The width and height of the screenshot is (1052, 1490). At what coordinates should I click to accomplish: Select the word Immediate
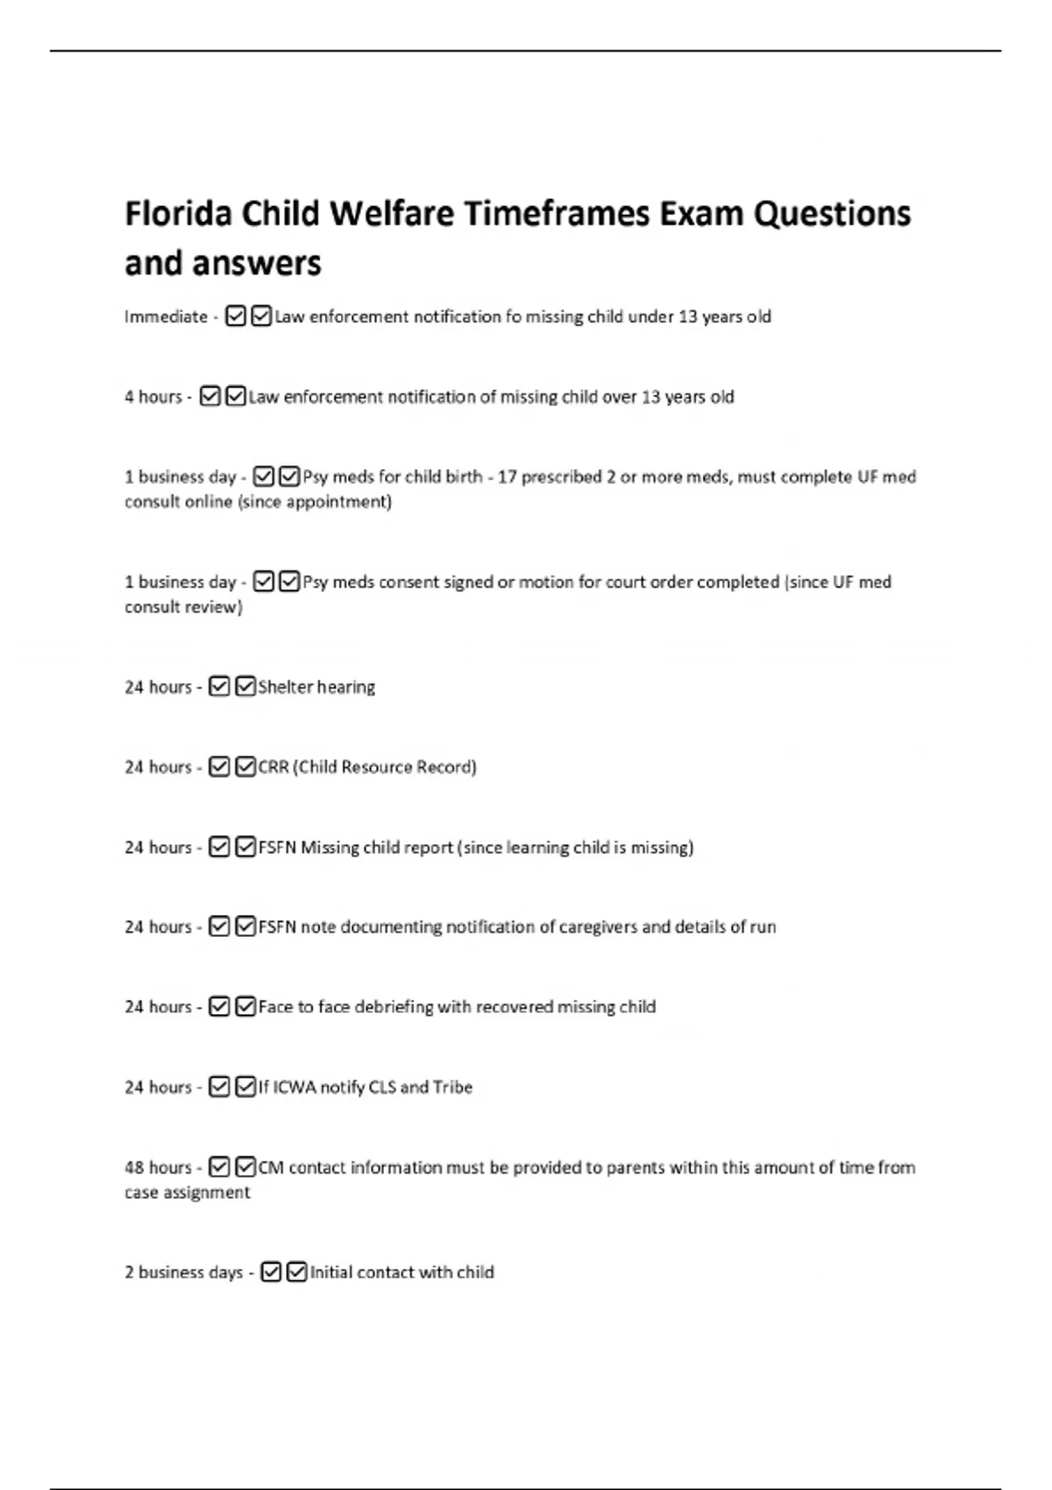pyautogui.click(x=166, y=316)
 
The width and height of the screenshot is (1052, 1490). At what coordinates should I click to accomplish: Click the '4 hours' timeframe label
pyautogui.click(x=153, y=397)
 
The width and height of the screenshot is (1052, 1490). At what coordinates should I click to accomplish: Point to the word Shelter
pyautogui.click(x=285, y=687)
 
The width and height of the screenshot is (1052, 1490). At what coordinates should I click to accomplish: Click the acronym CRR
pyautogui.click(x=273, y=767)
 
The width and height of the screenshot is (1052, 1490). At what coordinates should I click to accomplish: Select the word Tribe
pyautogui.click(x=452, y=1088)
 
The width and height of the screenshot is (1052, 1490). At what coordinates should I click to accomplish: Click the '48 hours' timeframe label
pyautogui.click(x=158, y=1167)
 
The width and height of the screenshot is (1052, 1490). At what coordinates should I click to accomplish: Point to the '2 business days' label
pyautogui.click(x=183, y=1273)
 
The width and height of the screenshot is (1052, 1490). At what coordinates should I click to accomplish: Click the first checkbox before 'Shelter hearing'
pyautogui.click(x=219, y=687)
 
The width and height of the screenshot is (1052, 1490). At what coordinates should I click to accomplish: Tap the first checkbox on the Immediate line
pyautogui.click(x=235, y=316)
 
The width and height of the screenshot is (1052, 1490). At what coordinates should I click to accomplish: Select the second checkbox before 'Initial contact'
pyautogui.click(x=297, y=1272)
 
